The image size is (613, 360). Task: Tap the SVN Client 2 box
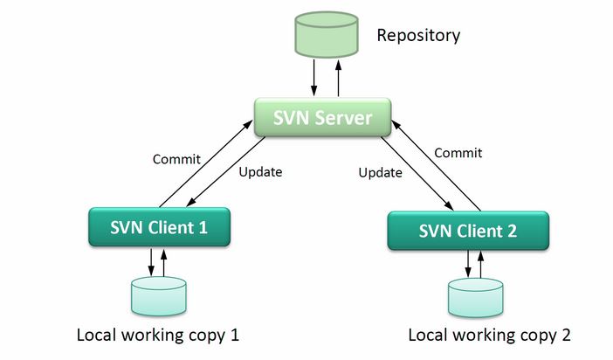pyautogui.click(x=468, y=231)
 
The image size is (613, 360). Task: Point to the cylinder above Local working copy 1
pyautogui.click(x=158, y=295)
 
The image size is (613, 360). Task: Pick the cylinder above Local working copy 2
pyautogui.click(x=475, y=297)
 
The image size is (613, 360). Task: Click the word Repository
pyautogui.click(x=418, y=36)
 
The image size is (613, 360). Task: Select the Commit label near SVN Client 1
pyautogui.click(x=176, y=159)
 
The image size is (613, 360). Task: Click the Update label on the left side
pyautogui.click(x=260, y=171)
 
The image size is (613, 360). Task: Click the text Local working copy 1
pyautogui.click(x=158, y=335)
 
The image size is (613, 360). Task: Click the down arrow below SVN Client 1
pyautogui.click(x=151, y=260)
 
